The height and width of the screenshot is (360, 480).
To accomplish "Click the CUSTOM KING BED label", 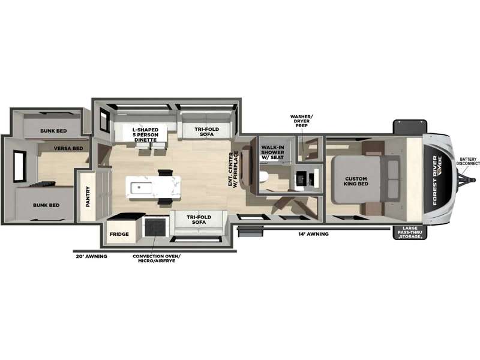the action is coord(356,181).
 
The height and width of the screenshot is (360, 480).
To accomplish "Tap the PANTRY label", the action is coord(88,196).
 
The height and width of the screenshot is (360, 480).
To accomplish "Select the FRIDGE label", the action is coord(119,234).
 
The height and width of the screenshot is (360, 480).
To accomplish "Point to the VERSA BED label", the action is coord(68,148).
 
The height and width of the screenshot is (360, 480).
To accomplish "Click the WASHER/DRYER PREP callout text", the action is coord(302,121).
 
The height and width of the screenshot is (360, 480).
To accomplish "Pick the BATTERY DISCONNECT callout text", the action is coord(468,161).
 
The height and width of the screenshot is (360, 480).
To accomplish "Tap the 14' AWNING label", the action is coord(313,234).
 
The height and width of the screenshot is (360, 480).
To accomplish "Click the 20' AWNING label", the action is coord(91,256).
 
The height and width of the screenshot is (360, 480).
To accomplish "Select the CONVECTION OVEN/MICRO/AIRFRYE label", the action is coord(157,259).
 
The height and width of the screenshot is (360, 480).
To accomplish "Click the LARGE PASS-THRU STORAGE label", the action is coord(410,232).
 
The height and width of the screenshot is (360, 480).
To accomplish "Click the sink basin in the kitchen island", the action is coord(141,188).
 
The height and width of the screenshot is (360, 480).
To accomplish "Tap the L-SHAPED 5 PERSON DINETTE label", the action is coord(145,134).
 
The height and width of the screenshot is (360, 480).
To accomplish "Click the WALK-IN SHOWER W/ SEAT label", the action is coord(272,152).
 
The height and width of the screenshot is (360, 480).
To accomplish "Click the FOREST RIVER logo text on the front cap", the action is coord(434,180).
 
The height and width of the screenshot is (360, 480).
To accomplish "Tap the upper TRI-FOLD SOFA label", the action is coord(206,131).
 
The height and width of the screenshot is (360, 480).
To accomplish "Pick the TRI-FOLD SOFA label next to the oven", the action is coord(199,220).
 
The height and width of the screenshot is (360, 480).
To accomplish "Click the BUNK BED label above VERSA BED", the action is coord(53,131).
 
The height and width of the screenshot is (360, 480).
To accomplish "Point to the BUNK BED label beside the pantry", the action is coord(46,205).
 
